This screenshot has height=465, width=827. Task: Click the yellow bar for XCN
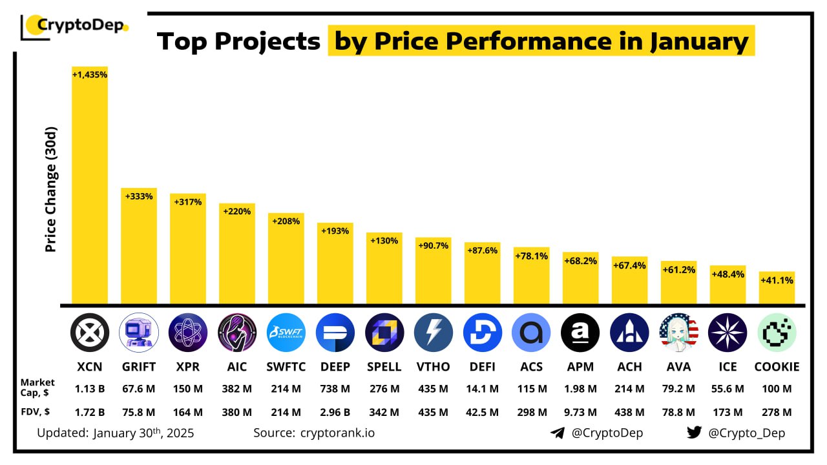[90, 187]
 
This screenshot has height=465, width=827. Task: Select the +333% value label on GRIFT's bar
[139, 196]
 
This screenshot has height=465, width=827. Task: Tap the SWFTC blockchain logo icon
[286, 332]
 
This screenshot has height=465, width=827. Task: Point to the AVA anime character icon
[679, 332]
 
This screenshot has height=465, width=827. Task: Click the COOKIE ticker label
[777, 367]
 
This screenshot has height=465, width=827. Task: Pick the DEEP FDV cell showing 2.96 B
[335, 412]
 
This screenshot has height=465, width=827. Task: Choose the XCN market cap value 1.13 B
[90, 389]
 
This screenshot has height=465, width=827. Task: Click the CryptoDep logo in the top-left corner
[75, 26]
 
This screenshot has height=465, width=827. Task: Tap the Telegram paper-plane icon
[558, 433]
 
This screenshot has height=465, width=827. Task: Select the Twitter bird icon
[694, 433]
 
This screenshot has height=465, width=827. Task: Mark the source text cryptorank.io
[337, 433]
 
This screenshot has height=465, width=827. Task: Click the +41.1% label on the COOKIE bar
[777, 280]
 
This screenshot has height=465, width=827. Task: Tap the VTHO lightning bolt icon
[434, 332]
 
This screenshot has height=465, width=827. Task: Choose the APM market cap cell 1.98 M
[580, 389]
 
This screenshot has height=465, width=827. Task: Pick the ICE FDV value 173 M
[728, 412]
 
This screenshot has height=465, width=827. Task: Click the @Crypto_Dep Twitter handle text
[746, 433]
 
